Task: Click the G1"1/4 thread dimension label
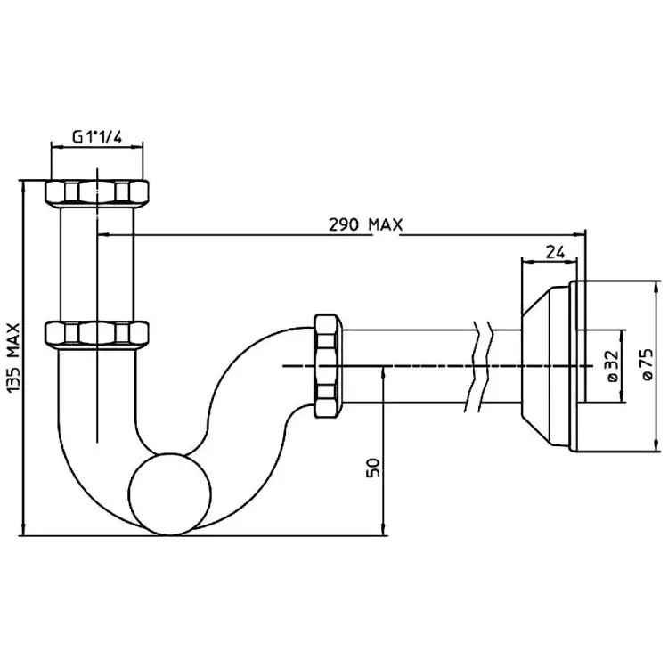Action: point(96,137)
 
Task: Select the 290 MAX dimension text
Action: point(365,224)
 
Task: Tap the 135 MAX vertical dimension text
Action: point(12,357)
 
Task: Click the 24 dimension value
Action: point(554,251)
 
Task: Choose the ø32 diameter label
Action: point(612,365)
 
